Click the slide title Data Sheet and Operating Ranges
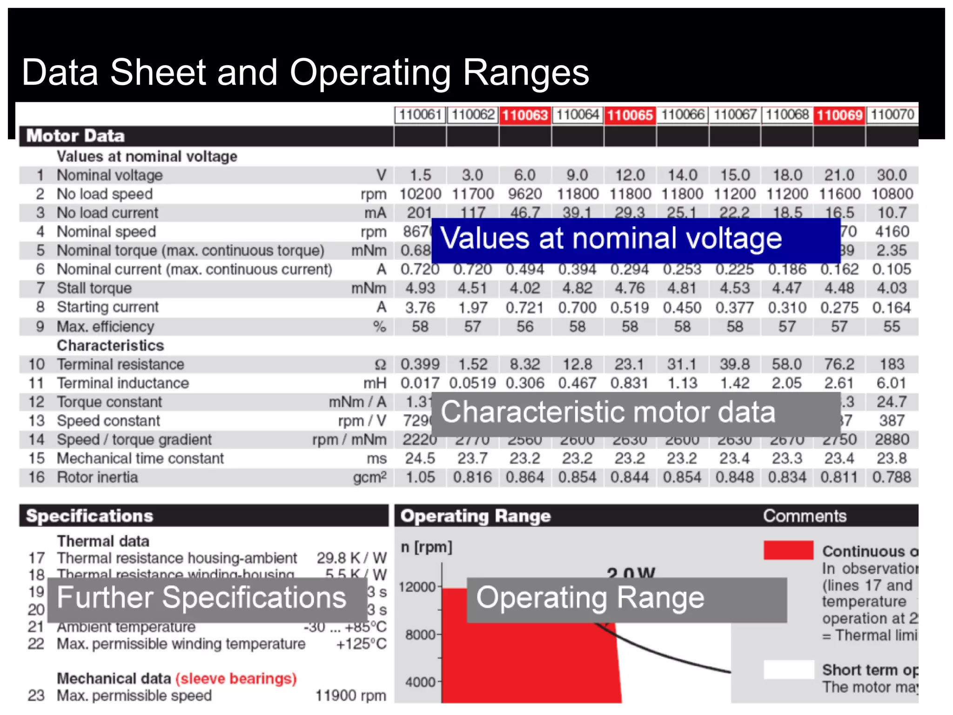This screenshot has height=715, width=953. (x=305, y=73)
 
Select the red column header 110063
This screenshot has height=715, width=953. (x=525, y=115)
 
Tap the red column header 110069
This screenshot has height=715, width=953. (x=839, y=115)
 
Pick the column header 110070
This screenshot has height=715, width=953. (x=892, y=115)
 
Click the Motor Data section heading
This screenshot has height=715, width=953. (x=75, y=136)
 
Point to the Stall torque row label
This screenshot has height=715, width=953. (x=94, y=288)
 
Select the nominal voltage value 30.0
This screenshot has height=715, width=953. (x=892, y=175)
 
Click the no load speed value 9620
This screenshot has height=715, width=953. (x=525, y=194)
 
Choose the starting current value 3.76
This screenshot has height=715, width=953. (x=420, y=308)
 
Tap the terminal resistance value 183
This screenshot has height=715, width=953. (x=892, y=364)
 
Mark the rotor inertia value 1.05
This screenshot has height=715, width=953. (x=420, y=477)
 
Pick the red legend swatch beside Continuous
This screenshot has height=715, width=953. (x=788, y=550)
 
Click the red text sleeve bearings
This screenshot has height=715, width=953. (x=236, y=678)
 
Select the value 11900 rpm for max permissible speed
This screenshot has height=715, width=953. (x=350, y=695)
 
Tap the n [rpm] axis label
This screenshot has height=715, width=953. (x=426, y=547)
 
